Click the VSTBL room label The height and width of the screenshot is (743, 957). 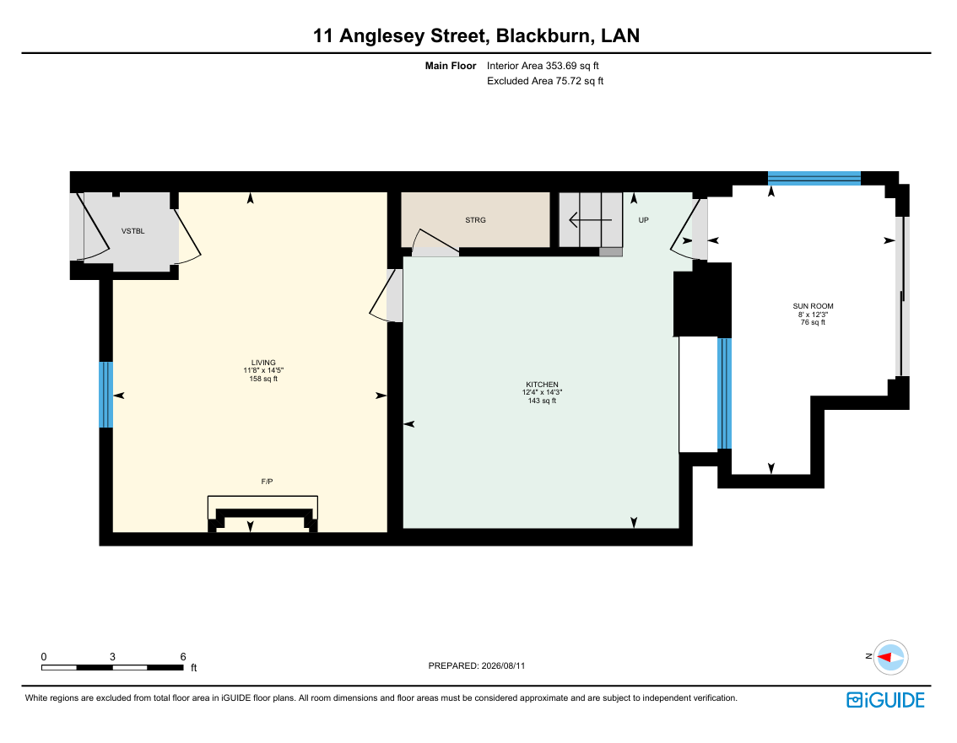[x=133, y=231]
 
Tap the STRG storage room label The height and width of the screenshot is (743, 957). [x=475, y=220]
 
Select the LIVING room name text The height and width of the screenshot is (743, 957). [x=263, y=363]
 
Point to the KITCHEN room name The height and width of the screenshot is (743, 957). [x=542, y=385]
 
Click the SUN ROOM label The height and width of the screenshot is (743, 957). [x=813, y=306]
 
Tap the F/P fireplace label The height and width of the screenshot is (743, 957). [x=267, y=482]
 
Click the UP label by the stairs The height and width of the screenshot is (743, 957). [x=643, y=220]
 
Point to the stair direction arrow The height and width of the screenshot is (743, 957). [x=590, y=219]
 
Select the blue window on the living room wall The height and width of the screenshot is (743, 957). [x=106, y=395]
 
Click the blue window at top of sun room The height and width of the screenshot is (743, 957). [x=814, y=178]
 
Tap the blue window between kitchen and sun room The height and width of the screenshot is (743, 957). [x=724, y=394]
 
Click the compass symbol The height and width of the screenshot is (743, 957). [x=890, y=658]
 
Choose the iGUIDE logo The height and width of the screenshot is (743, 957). [x=885, y=700]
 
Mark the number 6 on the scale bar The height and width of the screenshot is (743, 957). [x=183, y=657]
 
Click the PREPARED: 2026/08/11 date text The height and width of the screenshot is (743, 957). [x=477, y=665]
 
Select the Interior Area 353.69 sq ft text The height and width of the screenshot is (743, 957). [x=543, y=66]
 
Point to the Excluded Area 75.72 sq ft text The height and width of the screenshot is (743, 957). [x=545, y=81]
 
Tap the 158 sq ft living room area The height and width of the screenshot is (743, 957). [x=263, y=379]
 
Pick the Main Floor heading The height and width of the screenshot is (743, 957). [x=451, y=66]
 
